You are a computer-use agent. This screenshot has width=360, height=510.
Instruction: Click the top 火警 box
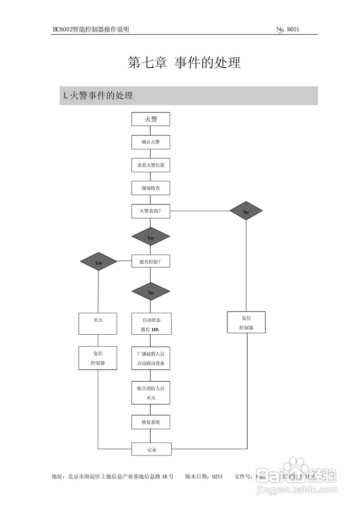coord(151,119)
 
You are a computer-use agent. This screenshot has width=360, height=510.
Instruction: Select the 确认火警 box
coord(151,142)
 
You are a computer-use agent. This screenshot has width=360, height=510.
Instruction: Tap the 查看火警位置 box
coord(151,165)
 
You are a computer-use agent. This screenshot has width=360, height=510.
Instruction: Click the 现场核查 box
coord(151,188)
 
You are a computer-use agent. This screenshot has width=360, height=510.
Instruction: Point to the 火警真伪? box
coord(151,211)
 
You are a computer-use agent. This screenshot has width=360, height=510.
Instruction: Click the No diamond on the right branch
coord(246,212)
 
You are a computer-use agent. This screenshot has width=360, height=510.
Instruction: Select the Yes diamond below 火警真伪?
coord(151,237)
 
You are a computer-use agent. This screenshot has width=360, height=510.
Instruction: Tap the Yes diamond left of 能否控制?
coord(98,263)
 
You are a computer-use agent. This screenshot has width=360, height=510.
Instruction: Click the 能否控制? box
coord(151,262)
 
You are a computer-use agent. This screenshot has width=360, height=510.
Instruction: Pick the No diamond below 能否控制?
coord(151,292)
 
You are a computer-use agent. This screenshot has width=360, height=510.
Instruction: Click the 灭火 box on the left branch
coord(98,324)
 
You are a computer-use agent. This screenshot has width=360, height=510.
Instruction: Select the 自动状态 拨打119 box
coord(151,324)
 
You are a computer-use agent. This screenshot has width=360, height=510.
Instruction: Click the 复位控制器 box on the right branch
coord(246,322)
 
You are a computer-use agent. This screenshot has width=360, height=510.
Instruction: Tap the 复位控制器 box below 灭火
coord(98,358)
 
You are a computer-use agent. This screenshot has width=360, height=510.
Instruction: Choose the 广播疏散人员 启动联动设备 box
coord(151,358)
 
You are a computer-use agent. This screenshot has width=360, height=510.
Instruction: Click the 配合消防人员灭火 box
coord(151,392)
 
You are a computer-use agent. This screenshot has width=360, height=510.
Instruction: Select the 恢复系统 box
coord(151,422)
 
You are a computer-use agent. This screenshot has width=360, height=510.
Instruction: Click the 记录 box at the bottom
coord(151,449)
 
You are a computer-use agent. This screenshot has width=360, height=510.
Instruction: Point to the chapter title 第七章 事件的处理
coord(184,63)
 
